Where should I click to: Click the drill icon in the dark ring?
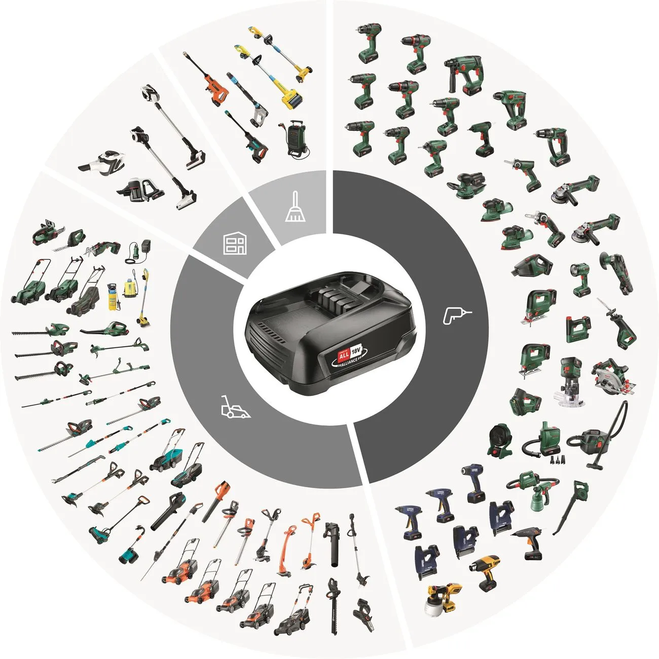point(457,316)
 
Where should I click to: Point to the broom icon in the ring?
point(295,208)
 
